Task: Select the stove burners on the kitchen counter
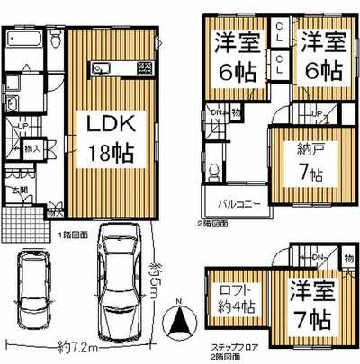(144, 68)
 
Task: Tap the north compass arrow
(180, 320)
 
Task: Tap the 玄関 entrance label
(18, 191)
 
